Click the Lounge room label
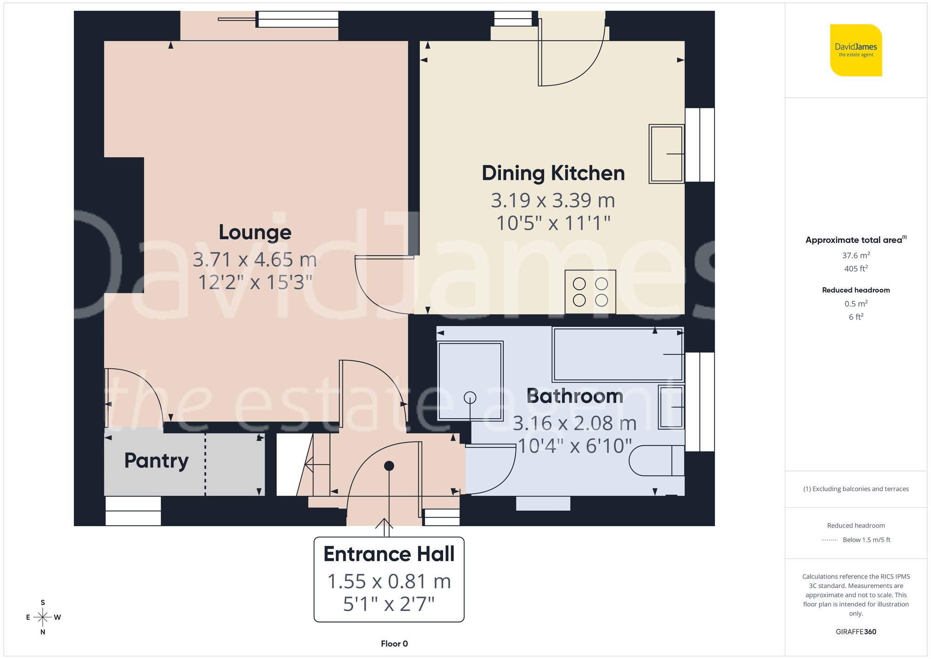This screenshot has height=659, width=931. (x=255, y=232)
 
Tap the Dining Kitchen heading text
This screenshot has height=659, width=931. (x=553, y=173)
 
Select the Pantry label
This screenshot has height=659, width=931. (x=156, y=461)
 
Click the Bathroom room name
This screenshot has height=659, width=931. (x=574, y=396)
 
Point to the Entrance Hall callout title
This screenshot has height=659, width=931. (x=389, y=554)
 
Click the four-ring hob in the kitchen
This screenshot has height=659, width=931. (x=590, y=292)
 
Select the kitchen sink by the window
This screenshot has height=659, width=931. (x=666, y=154)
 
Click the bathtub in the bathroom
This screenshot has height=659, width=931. (x=617, y=354)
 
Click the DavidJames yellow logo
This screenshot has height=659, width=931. (x=856, y=50)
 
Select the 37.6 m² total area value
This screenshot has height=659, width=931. (x=856, y=255)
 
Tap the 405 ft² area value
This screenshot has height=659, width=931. (x=856, y=269)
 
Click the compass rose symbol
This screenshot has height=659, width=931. (x=43, y=618)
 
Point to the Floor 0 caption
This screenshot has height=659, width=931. (x=394, y=644)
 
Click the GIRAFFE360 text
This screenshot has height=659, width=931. (x=856, y=632)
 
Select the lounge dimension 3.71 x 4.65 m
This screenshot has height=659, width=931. (x=255, y=259)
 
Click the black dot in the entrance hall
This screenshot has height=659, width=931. (x=389, y=466)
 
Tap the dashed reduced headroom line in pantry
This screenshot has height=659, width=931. (x=205, y=464)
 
